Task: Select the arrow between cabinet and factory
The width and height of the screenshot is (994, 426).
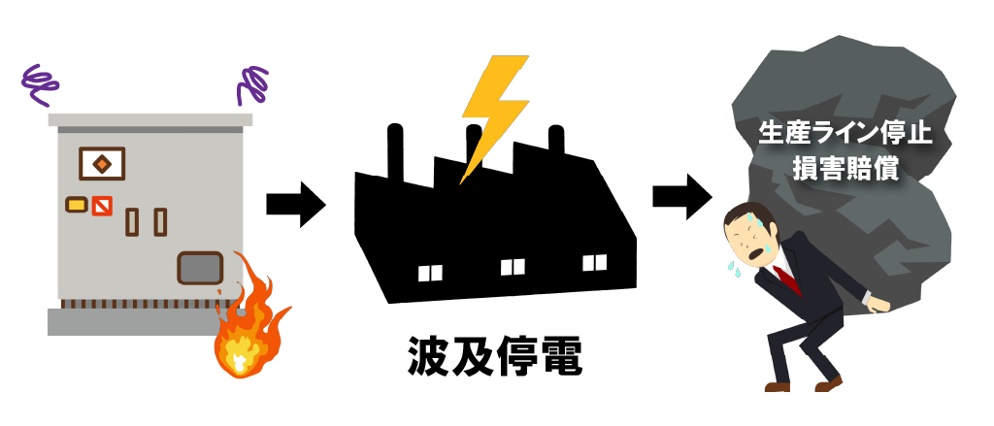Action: coord(295,204)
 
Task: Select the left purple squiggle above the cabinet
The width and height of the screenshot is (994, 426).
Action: coord(41,84)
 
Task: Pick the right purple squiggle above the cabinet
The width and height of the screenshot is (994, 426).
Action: coord(252,84)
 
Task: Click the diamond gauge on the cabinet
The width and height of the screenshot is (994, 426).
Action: coord(101,163)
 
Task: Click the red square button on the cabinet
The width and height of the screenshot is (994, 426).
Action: coord(101,205)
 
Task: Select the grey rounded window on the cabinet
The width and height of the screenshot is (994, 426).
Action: coord(200,267)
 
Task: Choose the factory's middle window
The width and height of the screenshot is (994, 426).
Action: coord(512,267)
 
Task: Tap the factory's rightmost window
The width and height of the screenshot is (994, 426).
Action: coord(594,261)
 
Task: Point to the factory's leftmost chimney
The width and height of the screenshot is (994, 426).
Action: coord(395,150)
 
